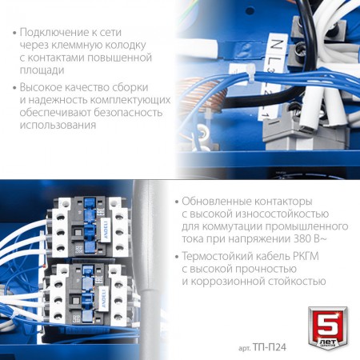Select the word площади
tap(42, 70)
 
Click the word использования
tap(58, 125)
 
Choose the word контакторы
tap(283, 202)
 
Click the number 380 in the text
tap(302, 238)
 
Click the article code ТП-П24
tap(270, 347)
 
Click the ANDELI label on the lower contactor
tap(104, 298)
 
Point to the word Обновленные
tap(217, 202)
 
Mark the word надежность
tap(58, 100)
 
